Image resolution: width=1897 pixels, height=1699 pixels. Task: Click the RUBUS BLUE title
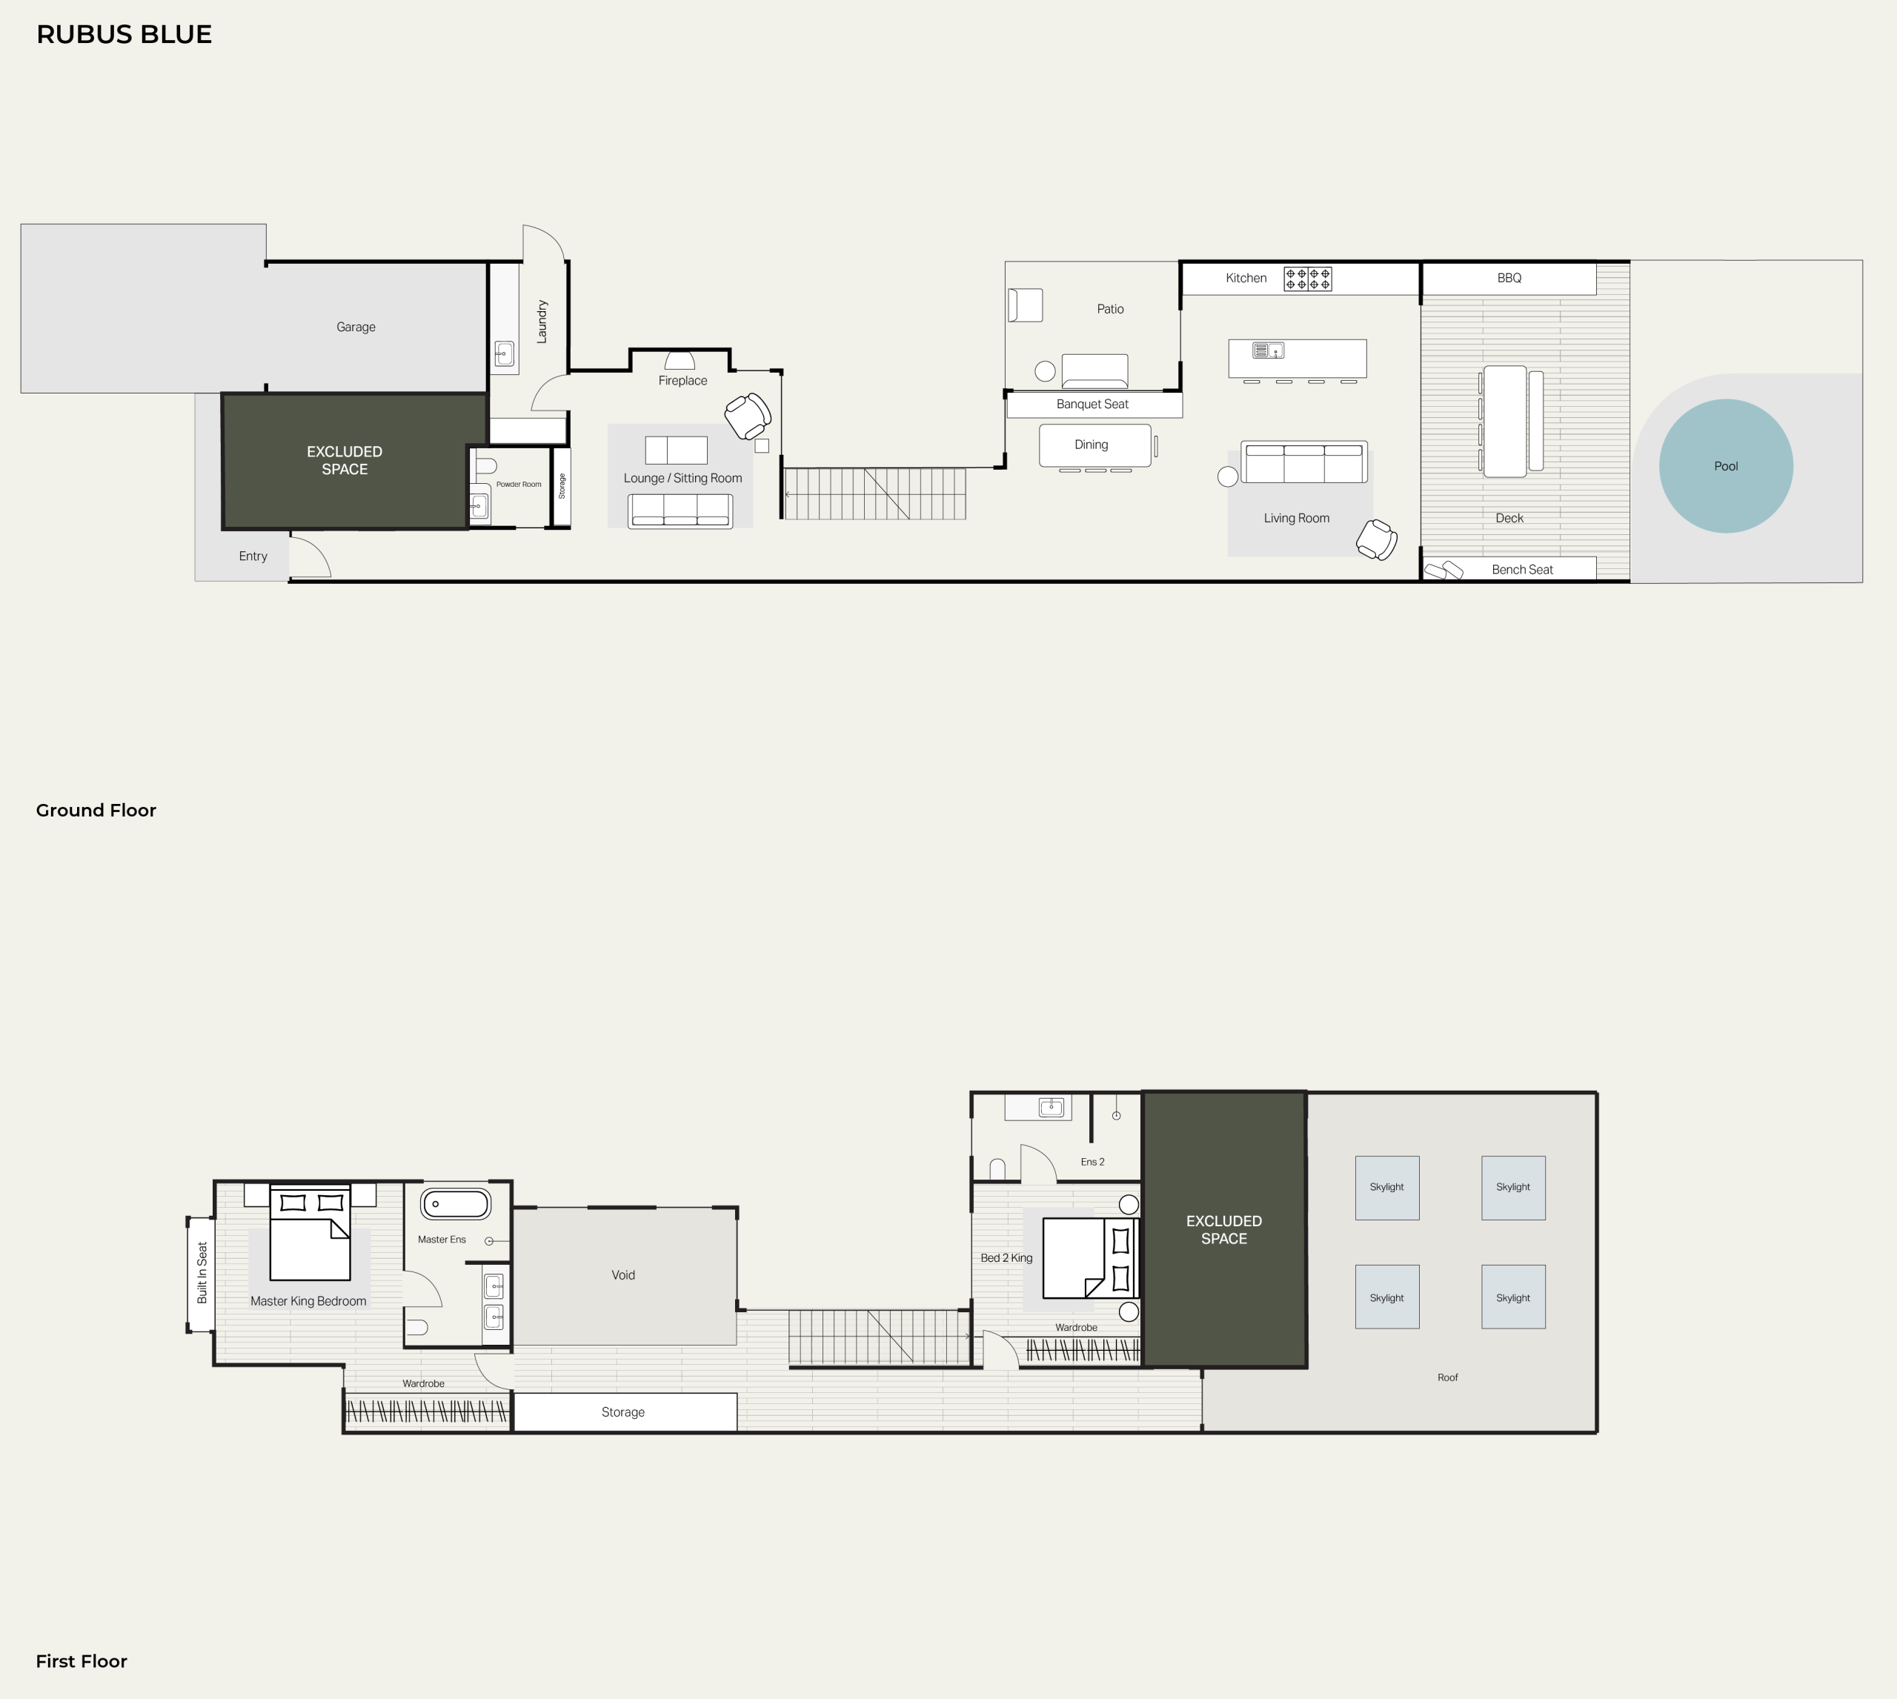[124, 35]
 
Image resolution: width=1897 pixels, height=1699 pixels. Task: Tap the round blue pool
[1725, 466]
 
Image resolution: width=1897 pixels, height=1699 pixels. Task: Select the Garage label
[356, 327]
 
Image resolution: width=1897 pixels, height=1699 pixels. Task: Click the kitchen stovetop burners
[1307, 278]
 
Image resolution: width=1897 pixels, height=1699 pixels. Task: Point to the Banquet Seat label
[1092, 405]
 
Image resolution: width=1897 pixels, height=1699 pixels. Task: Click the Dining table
[1094, 445]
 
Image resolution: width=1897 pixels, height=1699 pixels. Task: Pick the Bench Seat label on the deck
[1522, 570]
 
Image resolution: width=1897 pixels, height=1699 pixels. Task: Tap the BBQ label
[1509, 278]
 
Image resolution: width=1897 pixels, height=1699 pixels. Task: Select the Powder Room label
[518, 485]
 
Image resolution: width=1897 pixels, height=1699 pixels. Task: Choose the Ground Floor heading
[96, 811]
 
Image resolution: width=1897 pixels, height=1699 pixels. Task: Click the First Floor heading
[82, 1660]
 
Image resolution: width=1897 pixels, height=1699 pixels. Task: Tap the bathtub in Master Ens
[456, 1204]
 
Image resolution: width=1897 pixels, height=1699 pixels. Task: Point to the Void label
[622, 1275]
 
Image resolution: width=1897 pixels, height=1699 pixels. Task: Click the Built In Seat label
[202, 1272]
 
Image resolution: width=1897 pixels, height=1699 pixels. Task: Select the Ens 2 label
[1092, 1163]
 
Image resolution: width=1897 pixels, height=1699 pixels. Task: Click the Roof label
[1447, 1377]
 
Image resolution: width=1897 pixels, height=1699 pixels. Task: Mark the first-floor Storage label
[622, 1412]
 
